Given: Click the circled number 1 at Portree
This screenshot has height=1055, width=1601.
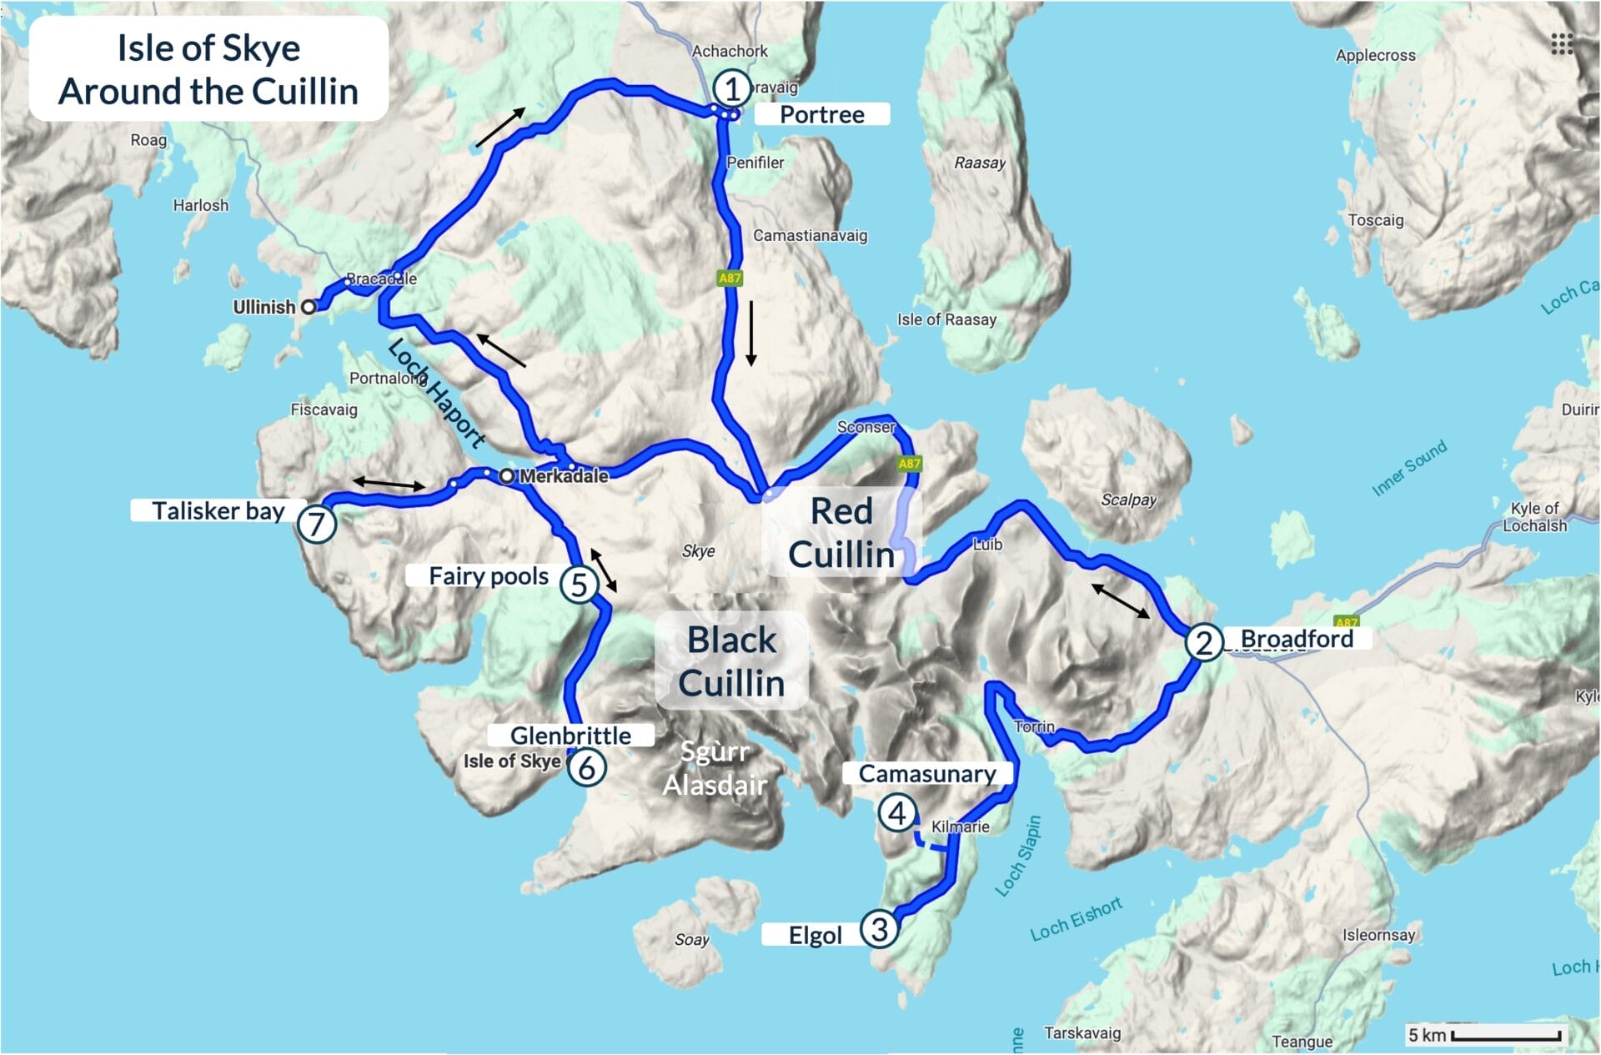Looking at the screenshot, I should point(731,88).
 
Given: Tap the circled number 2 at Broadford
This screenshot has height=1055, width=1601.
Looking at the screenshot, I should point(1203,642).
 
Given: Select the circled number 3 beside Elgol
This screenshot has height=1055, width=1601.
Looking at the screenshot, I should point(879,928).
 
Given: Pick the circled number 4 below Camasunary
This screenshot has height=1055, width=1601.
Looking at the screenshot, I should point(897,812).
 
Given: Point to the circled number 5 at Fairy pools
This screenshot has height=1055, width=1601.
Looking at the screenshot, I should point(579,584).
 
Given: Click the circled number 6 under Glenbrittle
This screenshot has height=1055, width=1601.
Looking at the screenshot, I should point(586,767).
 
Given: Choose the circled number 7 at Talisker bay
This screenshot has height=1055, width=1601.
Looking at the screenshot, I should point(317,525).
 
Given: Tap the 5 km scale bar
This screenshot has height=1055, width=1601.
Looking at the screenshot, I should point(1505,1036).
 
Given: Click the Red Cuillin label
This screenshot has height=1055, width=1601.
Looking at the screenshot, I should point(841,533).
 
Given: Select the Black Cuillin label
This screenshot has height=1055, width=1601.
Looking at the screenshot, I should point(731,661).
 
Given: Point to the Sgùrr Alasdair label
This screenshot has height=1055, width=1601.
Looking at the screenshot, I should point(715,768).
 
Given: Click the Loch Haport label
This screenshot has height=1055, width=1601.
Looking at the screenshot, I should point(436,393).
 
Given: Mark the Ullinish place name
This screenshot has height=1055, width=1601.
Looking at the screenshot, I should point(263,307).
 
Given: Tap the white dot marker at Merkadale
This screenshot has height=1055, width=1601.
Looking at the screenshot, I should point(507,476).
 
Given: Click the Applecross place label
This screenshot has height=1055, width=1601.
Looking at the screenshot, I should point(1375,55).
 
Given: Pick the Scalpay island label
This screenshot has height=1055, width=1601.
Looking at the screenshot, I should point(1128,500).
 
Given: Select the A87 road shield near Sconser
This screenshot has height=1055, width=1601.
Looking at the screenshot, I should point(909,464).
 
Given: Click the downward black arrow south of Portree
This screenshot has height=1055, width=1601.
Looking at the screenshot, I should point(751,334).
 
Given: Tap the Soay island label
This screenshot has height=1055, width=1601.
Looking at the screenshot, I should point(691,940).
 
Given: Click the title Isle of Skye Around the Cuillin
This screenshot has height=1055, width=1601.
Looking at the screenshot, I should point(208,69).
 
